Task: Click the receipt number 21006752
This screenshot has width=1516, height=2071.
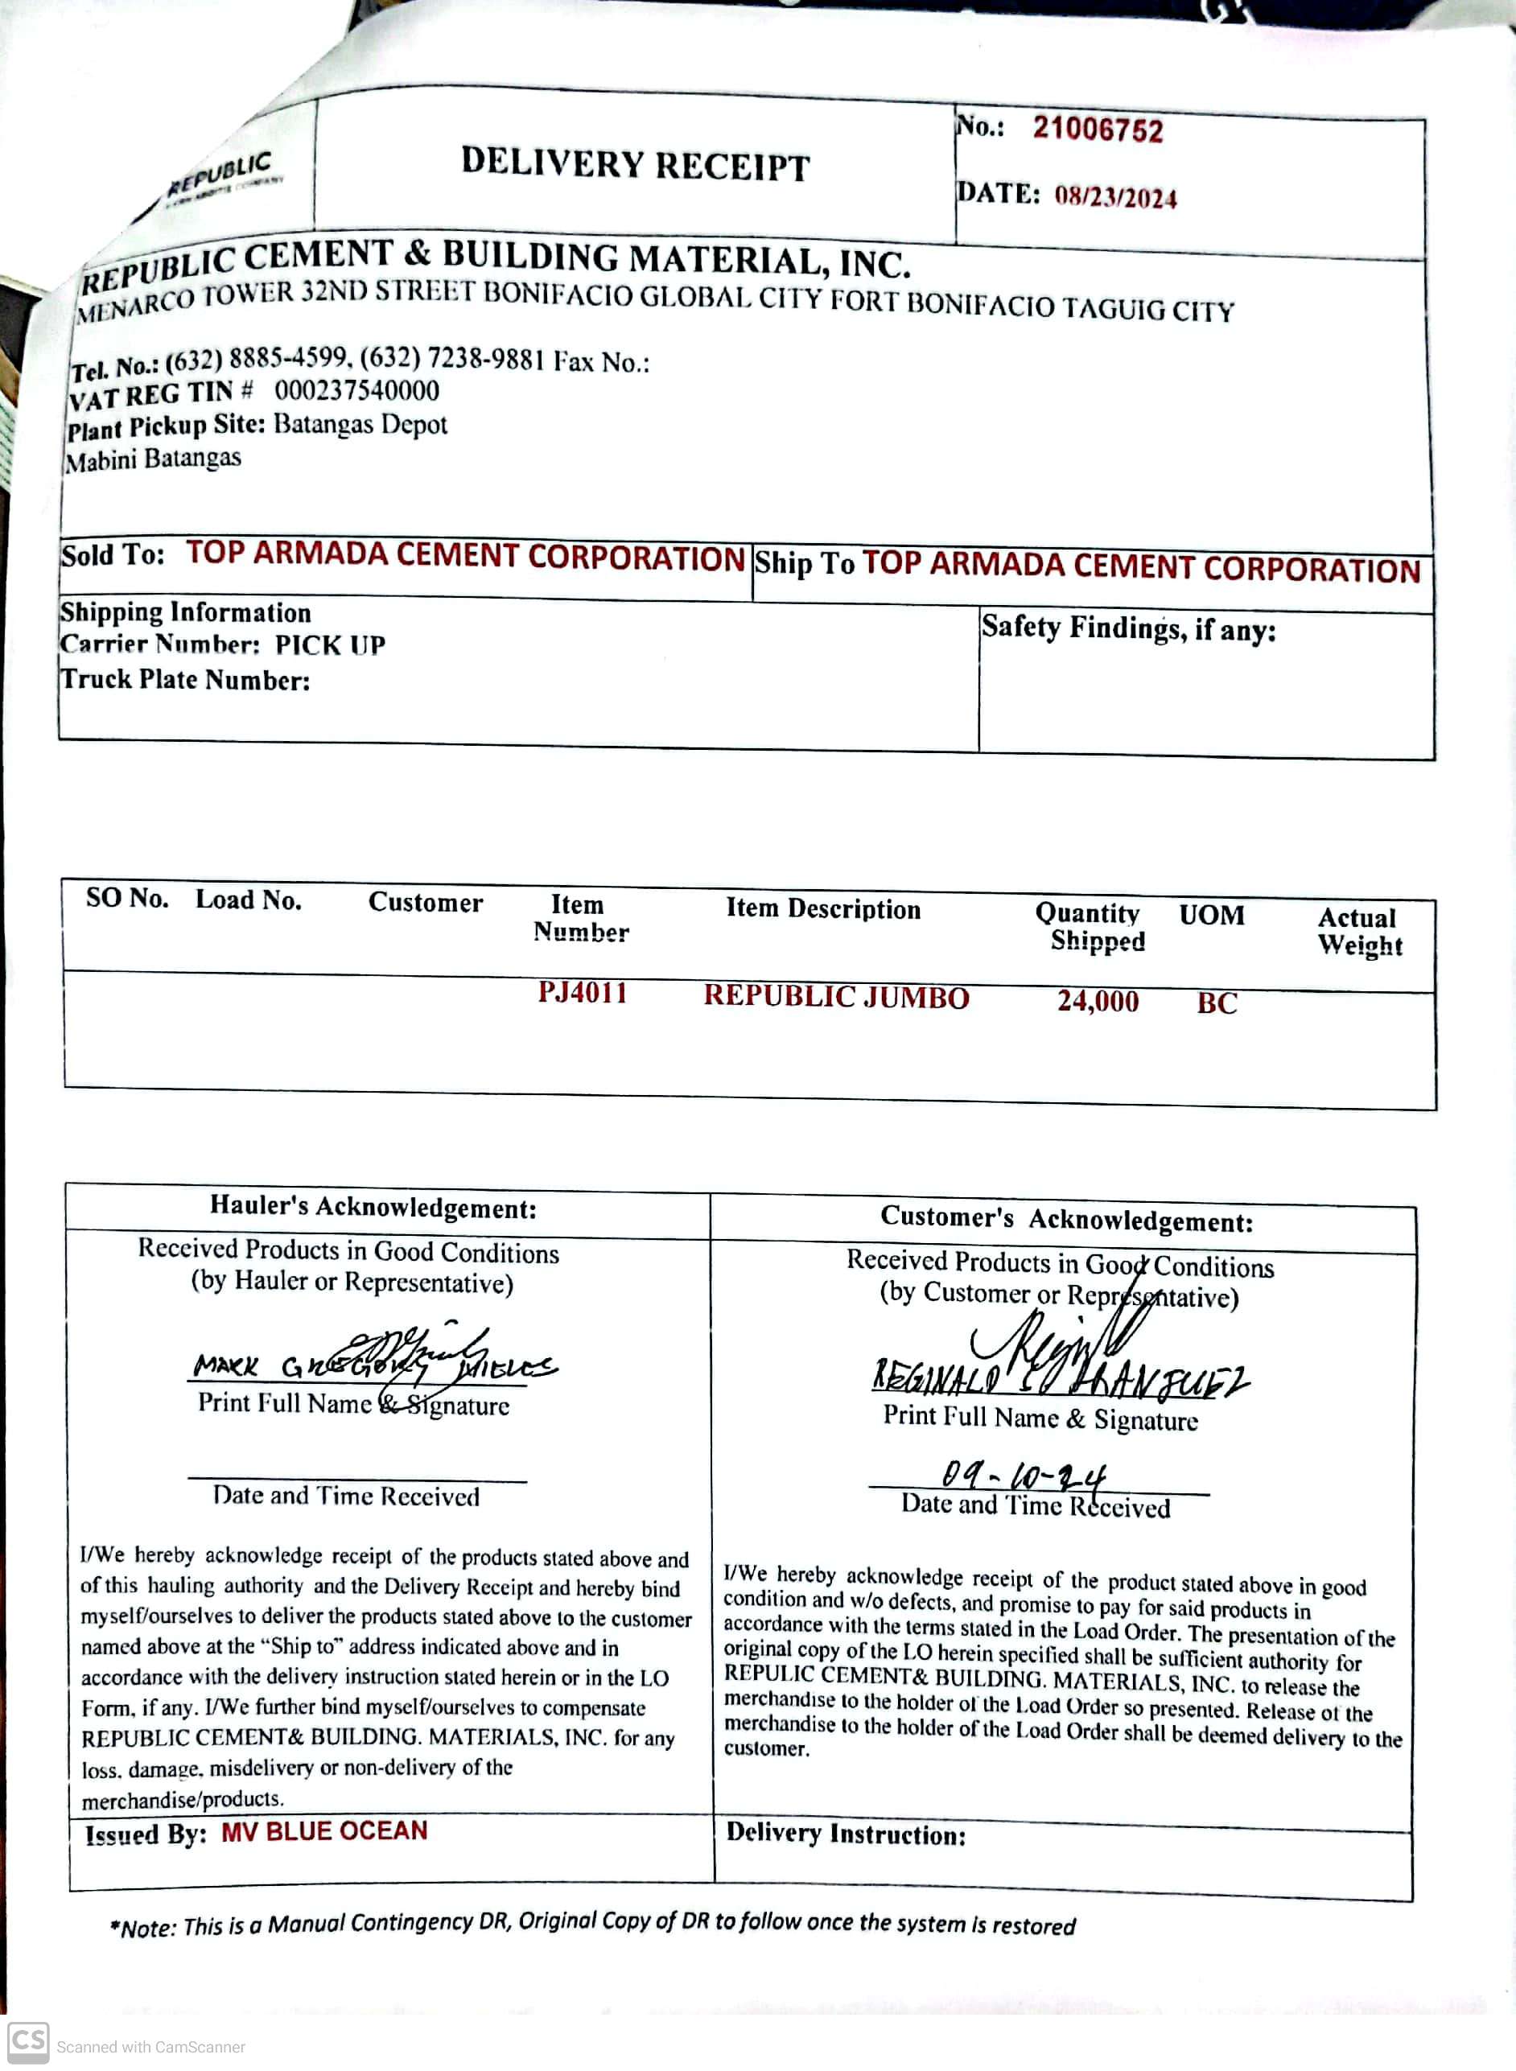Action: click(x=1097, y=130)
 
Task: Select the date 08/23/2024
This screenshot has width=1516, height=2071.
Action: click(x=1115, y=197)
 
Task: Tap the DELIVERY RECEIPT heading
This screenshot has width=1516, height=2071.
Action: click(x=635, y=164)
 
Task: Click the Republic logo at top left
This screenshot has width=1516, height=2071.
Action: click(x=220, y=177)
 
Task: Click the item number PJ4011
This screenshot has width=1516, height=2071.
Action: click(x=583, y=993)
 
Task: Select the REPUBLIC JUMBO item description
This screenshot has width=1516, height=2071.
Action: click(x=836, y=998)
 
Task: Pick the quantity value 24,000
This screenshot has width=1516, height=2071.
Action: click(x=1098, y=1000)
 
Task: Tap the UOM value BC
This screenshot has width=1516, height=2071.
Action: click(x=1217, y=1003)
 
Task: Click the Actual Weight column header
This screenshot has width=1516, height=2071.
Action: click(x=1359, y=932)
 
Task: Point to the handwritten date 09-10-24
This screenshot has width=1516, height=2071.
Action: click(x=1024, y=1476)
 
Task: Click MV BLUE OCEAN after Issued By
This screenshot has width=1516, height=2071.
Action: click(x=324, y=1831)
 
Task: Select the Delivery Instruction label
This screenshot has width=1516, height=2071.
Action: click(x=845, y=1834)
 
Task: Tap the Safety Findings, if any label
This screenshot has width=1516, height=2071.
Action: click(x=1128, y=628)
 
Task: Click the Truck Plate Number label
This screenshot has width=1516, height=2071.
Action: click(x=185, y=680)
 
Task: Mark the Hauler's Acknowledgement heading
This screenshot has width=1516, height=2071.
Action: click(x=373, y=1207)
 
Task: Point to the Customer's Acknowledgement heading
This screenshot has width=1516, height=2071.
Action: click(x=1066, y=1219)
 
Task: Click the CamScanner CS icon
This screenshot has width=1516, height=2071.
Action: click(x=27, y=2042)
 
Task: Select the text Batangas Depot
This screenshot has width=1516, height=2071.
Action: click(x=360, y=424)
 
